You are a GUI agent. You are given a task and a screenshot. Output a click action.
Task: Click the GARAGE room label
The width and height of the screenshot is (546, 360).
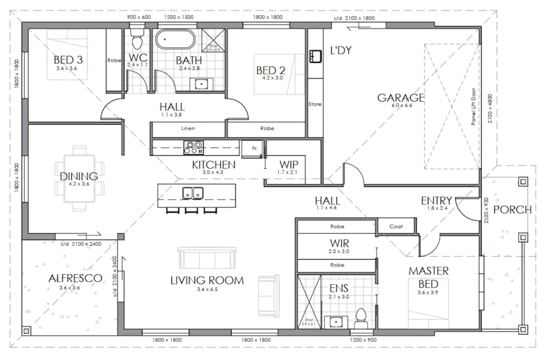coord(401,97)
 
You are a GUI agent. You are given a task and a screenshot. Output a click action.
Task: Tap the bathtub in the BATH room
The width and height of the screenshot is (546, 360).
coord(176,40)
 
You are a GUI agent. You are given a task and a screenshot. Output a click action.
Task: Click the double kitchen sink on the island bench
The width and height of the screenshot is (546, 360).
coord(193,193)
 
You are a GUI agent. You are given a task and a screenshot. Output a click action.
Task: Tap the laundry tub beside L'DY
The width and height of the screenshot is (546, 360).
coord(316,56)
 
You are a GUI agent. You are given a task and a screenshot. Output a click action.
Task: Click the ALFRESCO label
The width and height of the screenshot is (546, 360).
coord(75,278)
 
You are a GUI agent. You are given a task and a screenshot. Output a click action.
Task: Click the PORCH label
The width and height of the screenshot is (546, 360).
coord(512,209)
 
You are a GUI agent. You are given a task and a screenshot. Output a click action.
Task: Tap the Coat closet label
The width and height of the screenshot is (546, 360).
coord(396,226)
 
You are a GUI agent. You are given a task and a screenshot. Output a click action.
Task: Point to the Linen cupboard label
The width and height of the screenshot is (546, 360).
coord(188,129)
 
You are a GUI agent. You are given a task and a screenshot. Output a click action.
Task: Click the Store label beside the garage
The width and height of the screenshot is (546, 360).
coord(315,105)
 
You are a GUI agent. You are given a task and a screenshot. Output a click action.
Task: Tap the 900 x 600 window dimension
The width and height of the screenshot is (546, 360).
coord(139,17)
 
